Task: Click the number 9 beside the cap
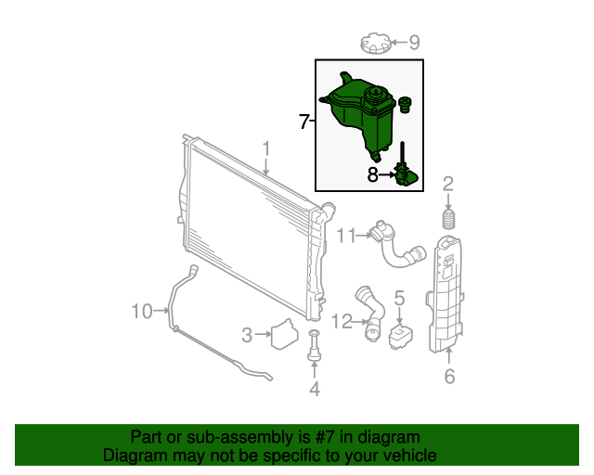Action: (415, 42)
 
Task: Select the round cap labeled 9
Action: (375, 43)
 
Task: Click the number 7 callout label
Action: (303, 122)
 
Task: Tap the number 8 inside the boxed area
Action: (373, 175)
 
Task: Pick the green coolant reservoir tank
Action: (357, 113)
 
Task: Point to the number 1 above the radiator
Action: (266, 148)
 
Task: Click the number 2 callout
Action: (448, 184)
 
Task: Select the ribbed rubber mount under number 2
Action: (448, 219)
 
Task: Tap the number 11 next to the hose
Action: (346, 236)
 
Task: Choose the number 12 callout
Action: (342, 322)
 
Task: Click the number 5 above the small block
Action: (399, 298)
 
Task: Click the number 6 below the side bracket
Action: (449, 376)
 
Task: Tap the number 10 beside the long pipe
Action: (142, 312)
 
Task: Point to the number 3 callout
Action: (247, 335)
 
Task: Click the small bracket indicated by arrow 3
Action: (285, 334)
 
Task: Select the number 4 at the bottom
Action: (315, 389)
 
